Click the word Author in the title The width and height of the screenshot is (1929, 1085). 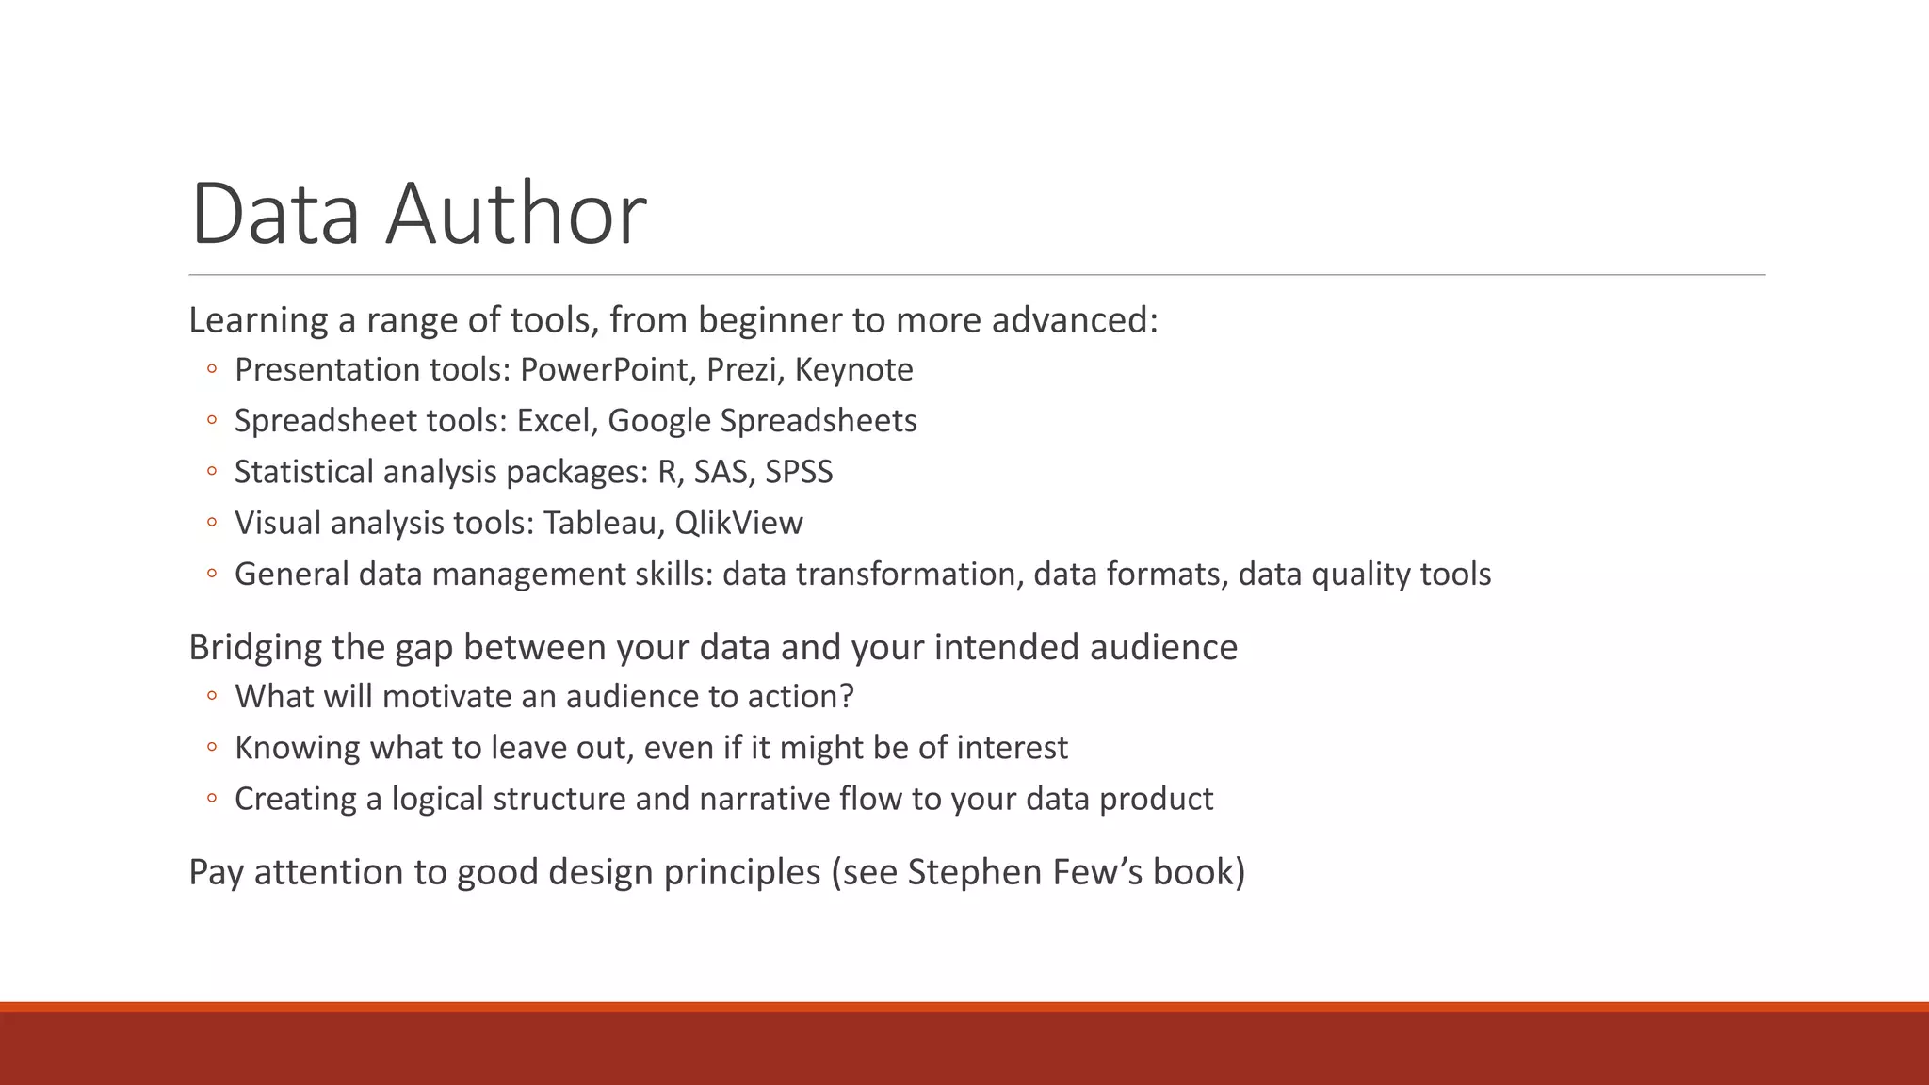tap(515, 214)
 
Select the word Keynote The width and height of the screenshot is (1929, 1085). tap(853, 369)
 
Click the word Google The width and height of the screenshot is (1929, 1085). tap(659, 421)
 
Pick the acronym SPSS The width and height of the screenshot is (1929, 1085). tap(799, 471)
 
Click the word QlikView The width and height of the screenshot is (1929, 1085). tap(738, 523)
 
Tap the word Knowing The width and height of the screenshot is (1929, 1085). tap(298, 748)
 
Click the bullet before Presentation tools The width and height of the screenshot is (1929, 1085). tap(212, 369)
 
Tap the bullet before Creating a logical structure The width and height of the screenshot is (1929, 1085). tap(212, 799)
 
